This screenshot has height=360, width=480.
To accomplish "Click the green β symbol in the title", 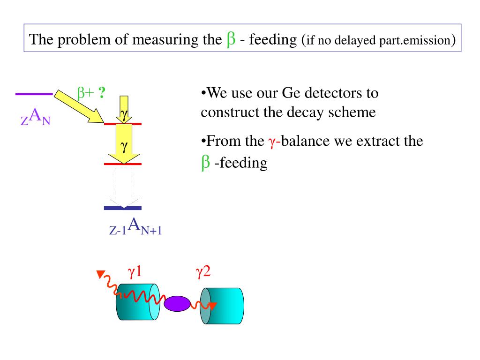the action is coord(231,39).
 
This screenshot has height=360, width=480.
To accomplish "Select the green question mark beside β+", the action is coord(101,93).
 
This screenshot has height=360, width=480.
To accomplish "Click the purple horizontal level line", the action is coord(34,94).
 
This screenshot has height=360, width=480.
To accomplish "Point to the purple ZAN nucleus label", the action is coord(35,116).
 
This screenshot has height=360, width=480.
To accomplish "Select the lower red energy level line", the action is coord(123,164).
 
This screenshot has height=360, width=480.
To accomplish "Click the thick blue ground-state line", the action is coord(123,208).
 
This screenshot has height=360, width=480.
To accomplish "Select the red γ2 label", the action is coord(203,272).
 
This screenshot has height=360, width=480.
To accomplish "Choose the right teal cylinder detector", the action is coord(223,305).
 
